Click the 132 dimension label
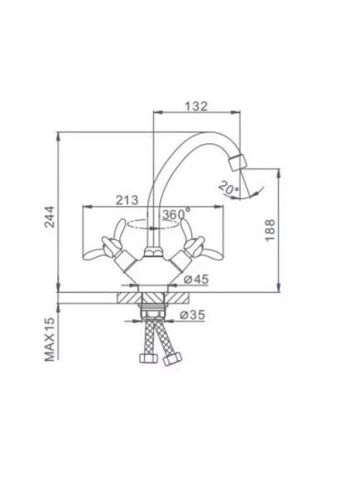[x=196, y=106]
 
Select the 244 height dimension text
[x=49, y=217]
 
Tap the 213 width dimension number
[x=127, y=200]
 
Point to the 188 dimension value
[x=270, y=230]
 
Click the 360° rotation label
[x=176, y=214]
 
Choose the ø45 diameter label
[x=197, y=279]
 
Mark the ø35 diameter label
[x=192, y=315]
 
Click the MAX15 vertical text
[x=49, y=339]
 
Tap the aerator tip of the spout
[x=237, y=163]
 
